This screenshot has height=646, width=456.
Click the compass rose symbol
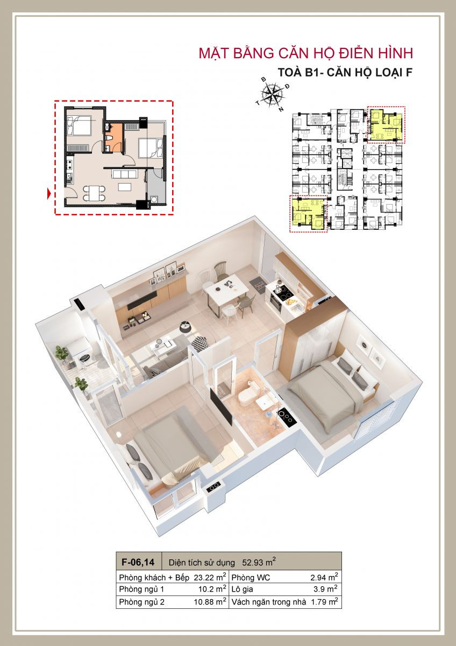click(x=272, y=94)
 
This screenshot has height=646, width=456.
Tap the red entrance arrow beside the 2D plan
click(x=49, y=193)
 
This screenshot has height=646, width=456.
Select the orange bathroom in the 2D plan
click(x=113, y=137)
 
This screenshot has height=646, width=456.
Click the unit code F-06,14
click(x=138, y=562)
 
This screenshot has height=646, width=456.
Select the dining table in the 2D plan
click(x=94, y=193)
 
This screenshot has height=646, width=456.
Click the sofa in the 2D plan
click(x=124, y=174)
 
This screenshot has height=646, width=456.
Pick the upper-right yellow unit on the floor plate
click(x=386, y=125)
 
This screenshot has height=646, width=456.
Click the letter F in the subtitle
click(x=409, y=73)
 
